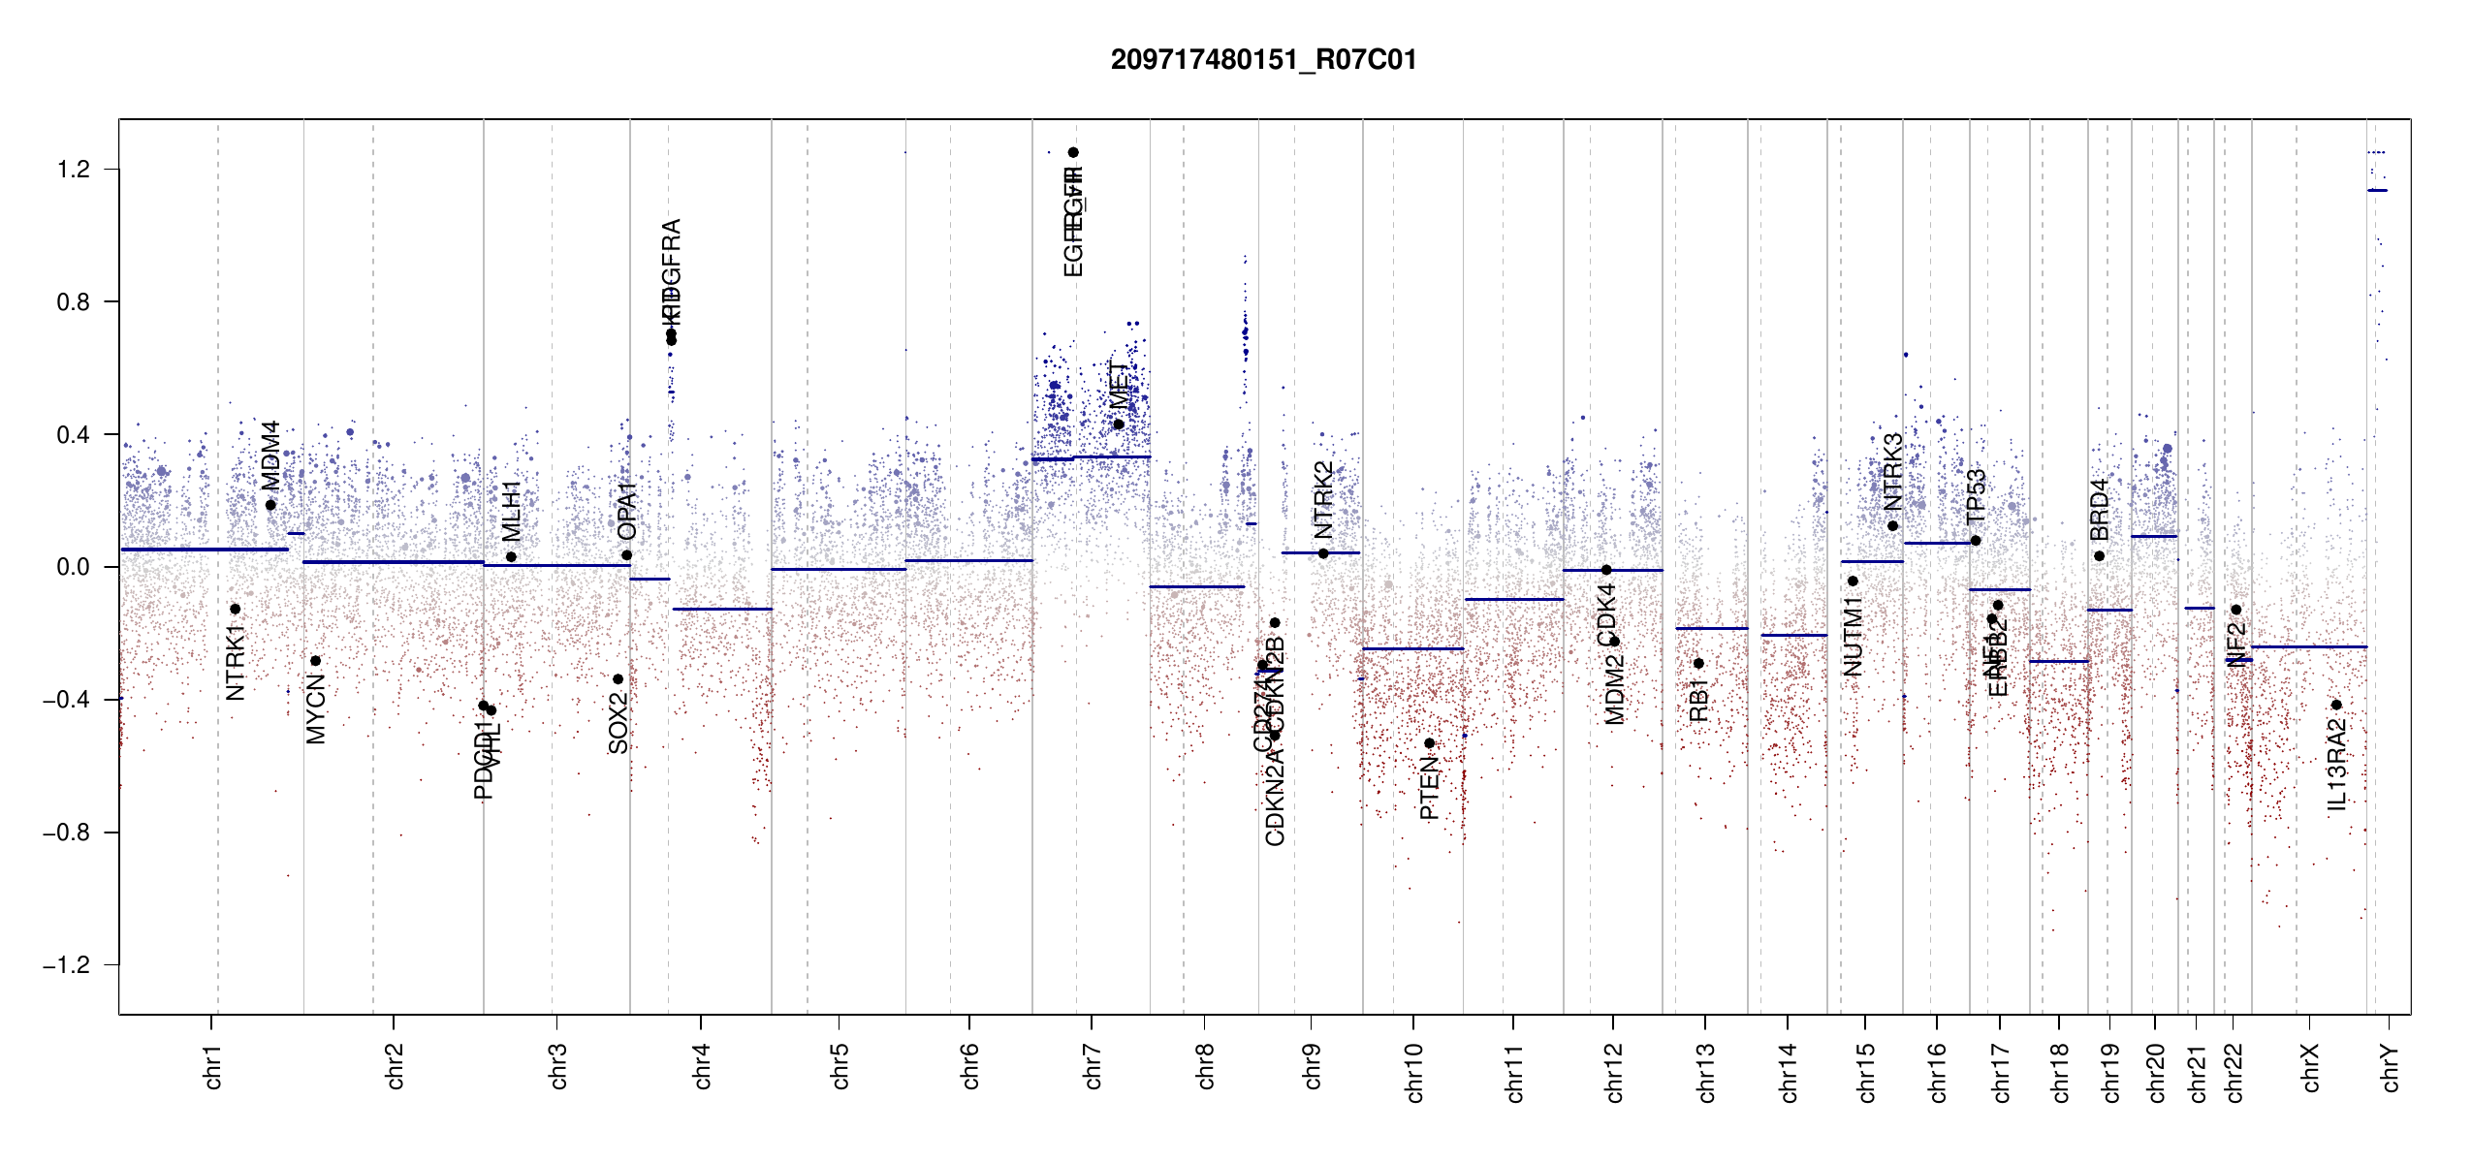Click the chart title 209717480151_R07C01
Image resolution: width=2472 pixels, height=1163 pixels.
tap(1263, 60)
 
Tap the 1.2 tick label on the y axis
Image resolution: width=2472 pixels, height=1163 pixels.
tap(73, 170)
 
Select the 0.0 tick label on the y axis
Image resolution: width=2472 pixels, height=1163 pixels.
tap(73, 567)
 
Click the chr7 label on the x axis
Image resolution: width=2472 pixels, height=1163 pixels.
tap(1093, 1066)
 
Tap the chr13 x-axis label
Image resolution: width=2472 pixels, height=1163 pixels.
tap(1705, 1072)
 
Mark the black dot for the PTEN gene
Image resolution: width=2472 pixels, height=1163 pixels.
tap(1429, 743)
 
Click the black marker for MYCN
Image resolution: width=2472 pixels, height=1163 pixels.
tap(315, 661)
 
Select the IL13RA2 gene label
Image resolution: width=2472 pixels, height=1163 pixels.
tap(2336, 766)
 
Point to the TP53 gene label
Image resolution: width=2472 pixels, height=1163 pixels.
tap(1976, 495)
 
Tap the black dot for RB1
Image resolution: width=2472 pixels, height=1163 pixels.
tap(1698, 664)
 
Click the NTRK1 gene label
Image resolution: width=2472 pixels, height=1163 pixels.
tap(236, 662)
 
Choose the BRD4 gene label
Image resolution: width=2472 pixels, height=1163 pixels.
tap(2099, 510)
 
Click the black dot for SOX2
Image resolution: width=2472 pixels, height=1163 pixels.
tap(618, 679)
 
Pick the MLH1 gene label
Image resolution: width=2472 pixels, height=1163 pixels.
tap(511, 511)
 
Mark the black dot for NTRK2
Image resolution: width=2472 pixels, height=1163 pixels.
tap(1323, 553)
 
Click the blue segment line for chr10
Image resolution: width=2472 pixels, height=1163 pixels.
tap(1412, 648)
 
